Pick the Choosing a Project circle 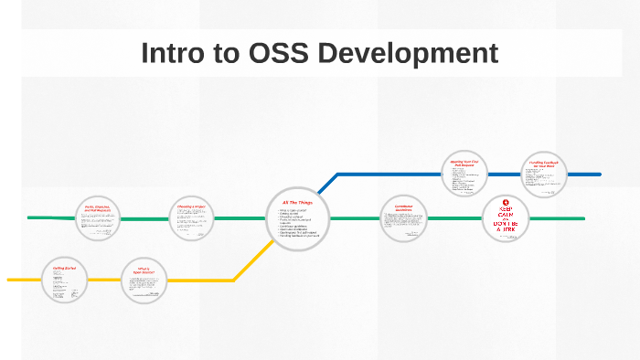[191, 218]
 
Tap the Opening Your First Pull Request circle [464, 174]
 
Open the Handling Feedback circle [545, 174]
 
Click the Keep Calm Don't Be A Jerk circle [507, 218]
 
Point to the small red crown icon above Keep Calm [507, 202]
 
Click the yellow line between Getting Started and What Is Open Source [105, 280]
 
